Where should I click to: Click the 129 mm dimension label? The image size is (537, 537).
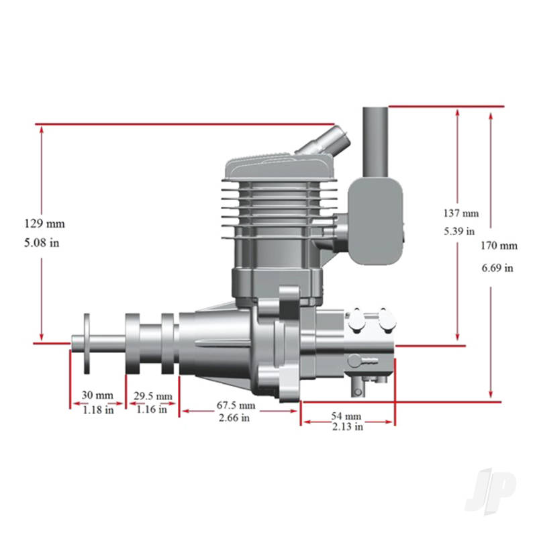tap(44, 224)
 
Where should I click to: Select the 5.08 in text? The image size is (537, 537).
tap(42, 243)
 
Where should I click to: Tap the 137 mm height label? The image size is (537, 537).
tap(461, 213)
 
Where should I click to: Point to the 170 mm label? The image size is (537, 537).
tap(499, 246)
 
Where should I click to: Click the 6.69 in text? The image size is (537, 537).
tap(497, 267)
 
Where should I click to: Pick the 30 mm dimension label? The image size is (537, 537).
tap(97, 395)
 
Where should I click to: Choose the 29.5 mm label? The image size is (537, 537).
tap(153, 396)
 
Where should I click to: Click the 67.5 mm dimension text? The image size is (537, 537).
tap(236, 405)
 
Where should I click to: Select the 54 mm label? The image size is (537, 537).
tap(346, 416)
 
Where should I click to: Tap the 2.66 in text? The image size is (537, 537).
tap(234, 418)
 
